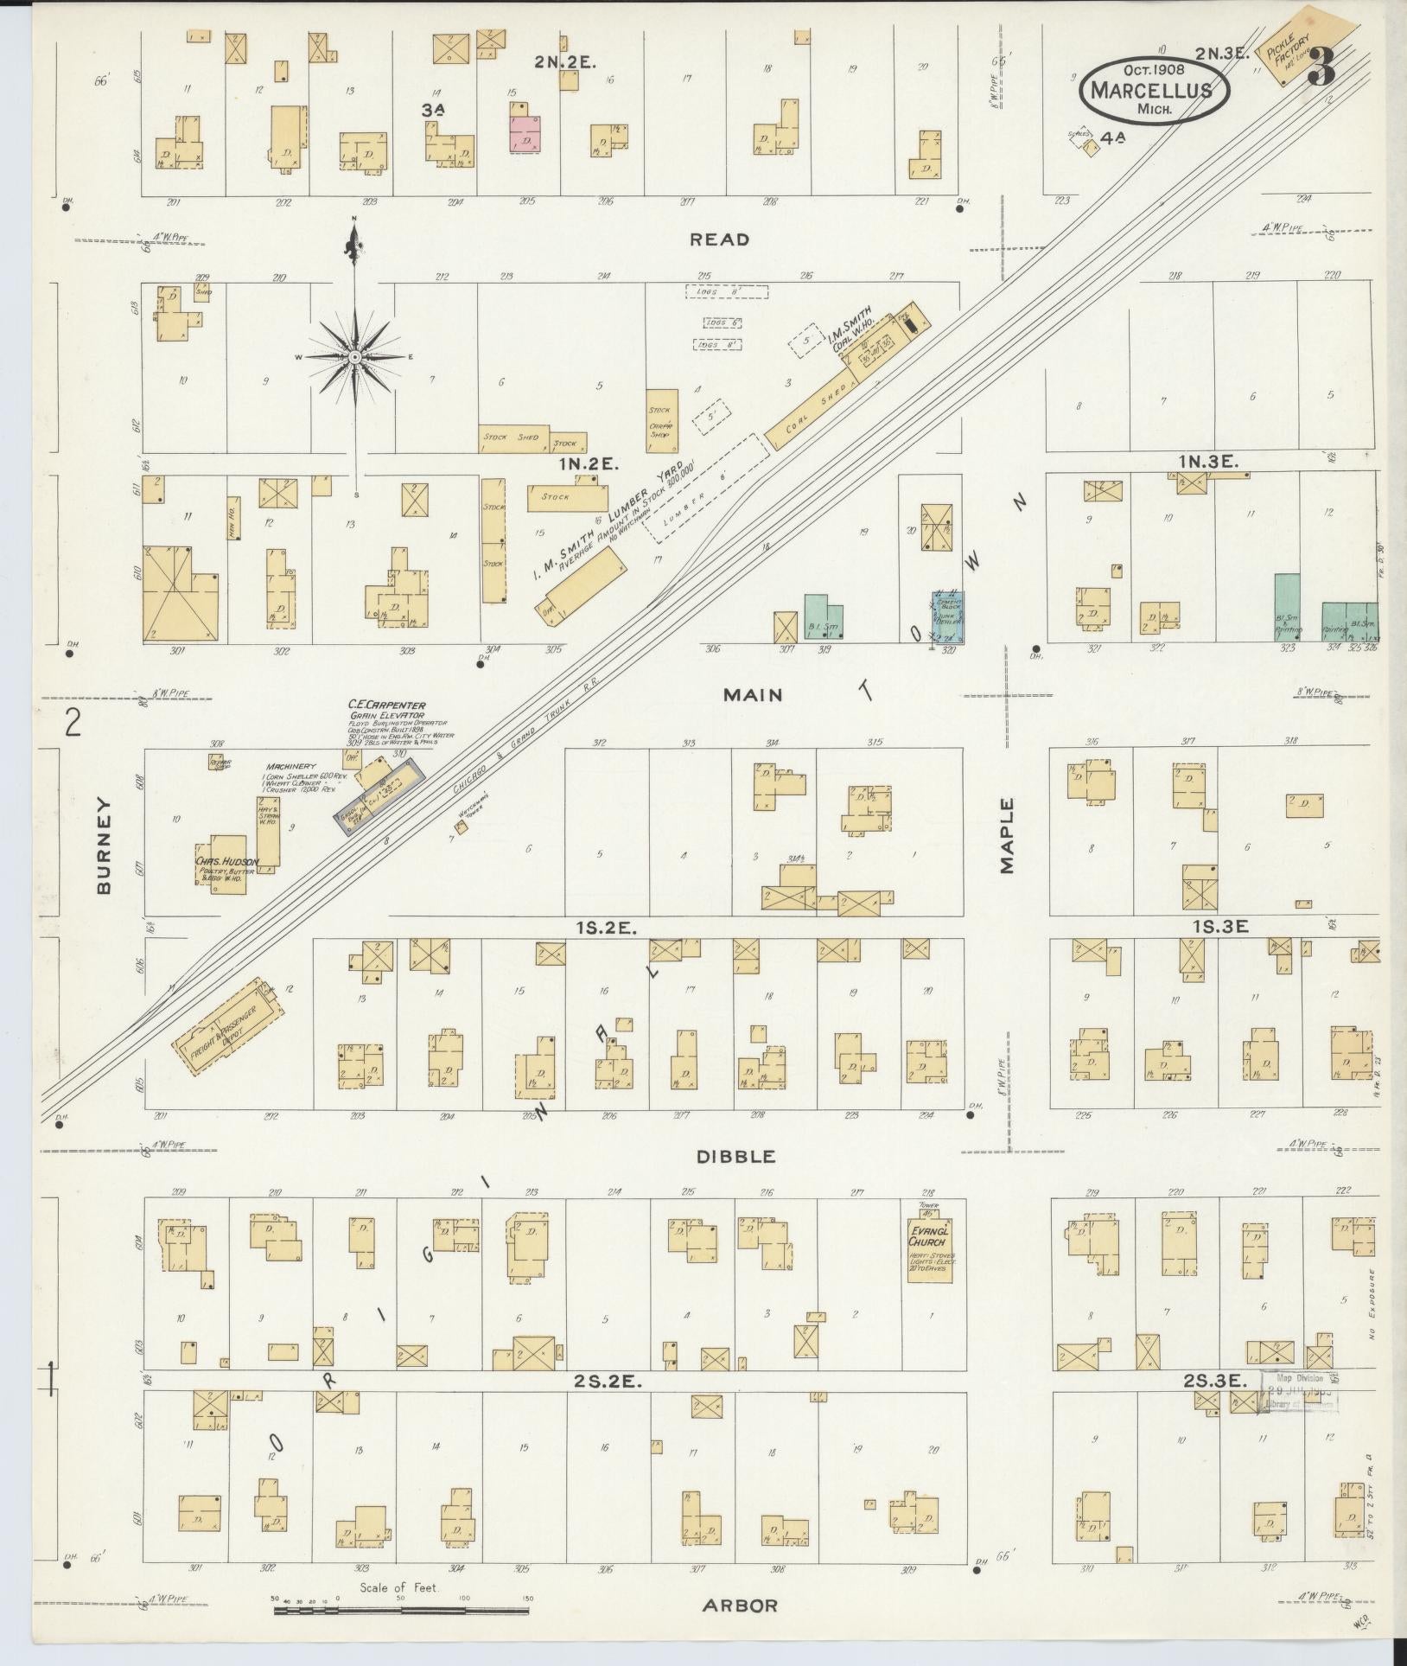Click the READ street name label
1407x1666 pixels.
click(719, 239)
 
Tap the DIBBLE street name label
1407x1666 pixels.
click(737, 1157)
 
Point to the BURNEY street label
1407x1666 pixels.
click(105, 846)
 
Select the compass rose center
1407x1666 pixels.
click(354, 357)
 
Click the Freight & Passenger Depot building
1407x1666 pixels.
click(229, 1027)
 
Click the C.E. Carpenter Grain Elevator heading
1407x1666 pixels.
click(387, 705)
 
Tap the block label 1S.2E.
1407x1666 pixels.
click(607, 928)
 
